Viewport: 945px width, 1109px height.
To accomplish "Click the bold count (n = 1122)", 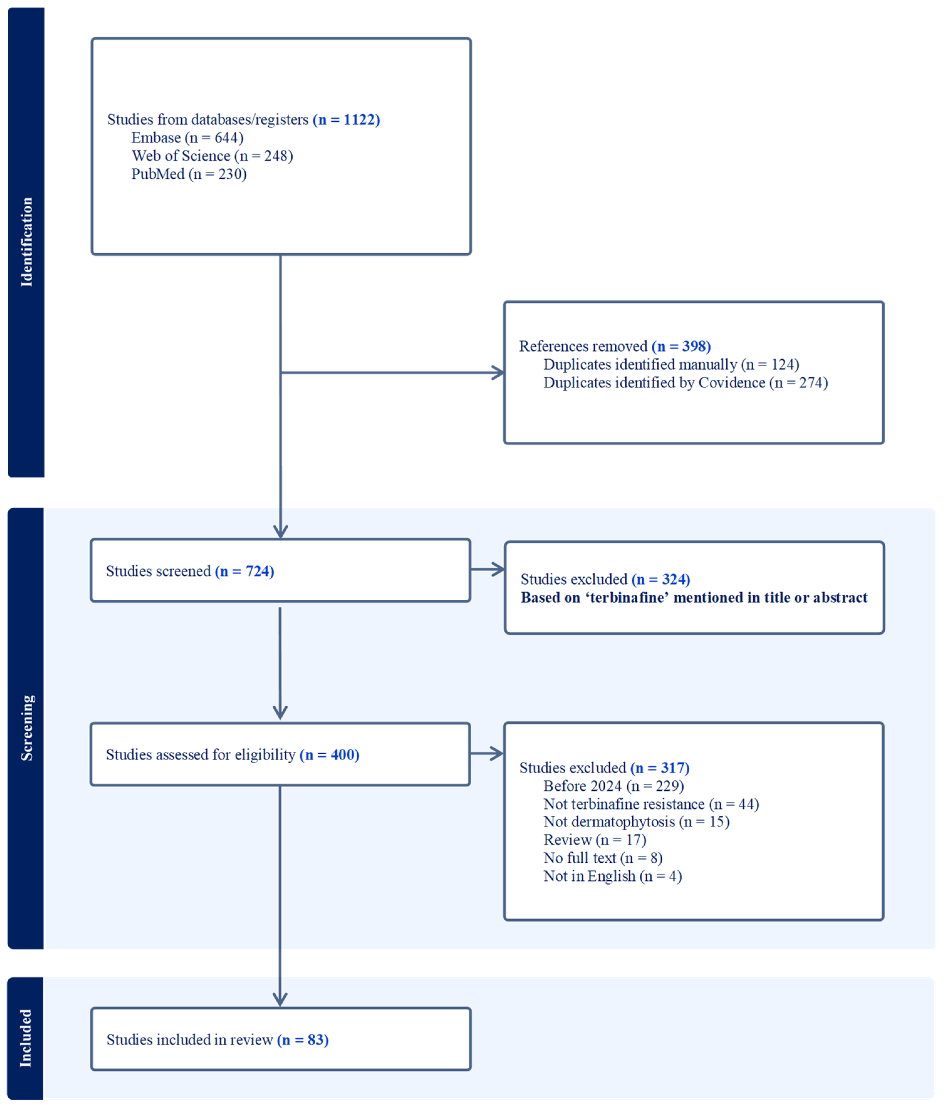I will pos(346,119).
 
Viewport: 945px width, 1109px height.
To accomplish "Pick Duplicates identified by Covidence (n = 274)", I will pos(685,383).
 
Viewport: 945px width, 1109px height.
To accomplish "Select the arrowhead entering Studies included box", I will pos(280,1000).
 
